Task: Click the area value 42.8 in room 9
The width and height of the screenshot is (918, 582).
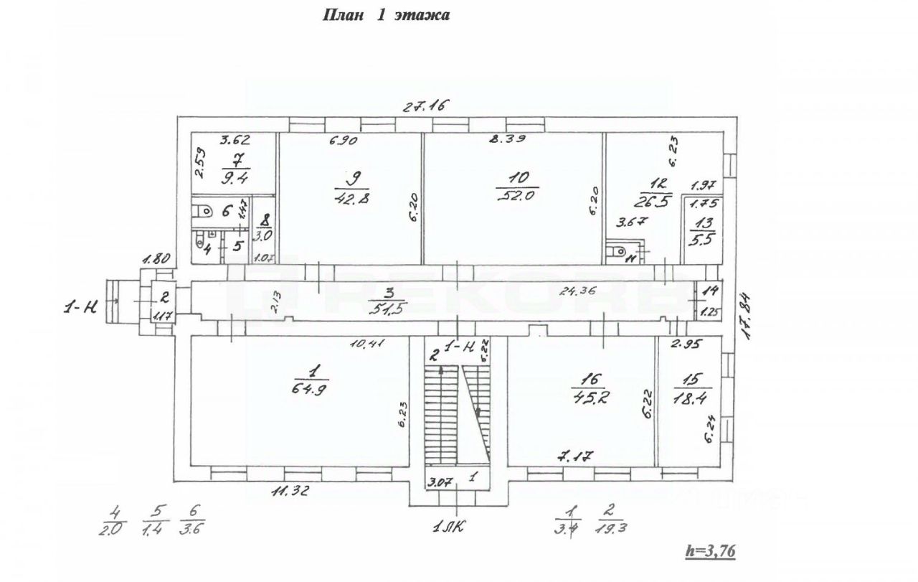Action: [x=349, y=198]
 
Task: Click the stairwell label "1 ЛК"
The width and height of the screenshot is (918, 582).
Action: [x=450, y=528]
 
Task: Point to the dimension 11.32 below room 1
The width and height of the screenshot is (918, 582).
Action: [x=295, y=492]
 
